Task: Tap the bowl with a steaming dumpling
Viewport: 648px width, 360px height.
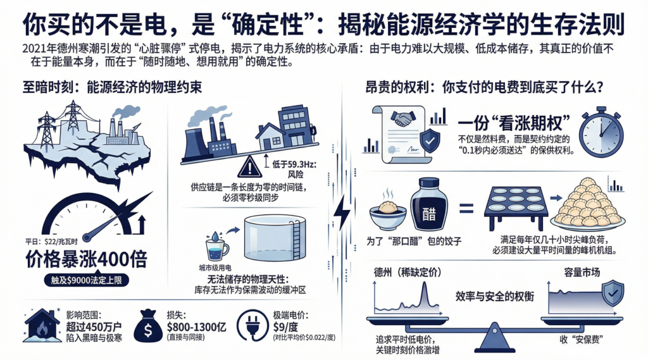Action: coord(388,211)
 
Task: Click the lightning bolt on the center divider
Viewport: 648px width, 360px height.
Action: coord(342,212)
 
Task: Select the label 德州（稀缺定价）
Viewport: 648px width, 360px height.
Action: coord(402,273)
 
